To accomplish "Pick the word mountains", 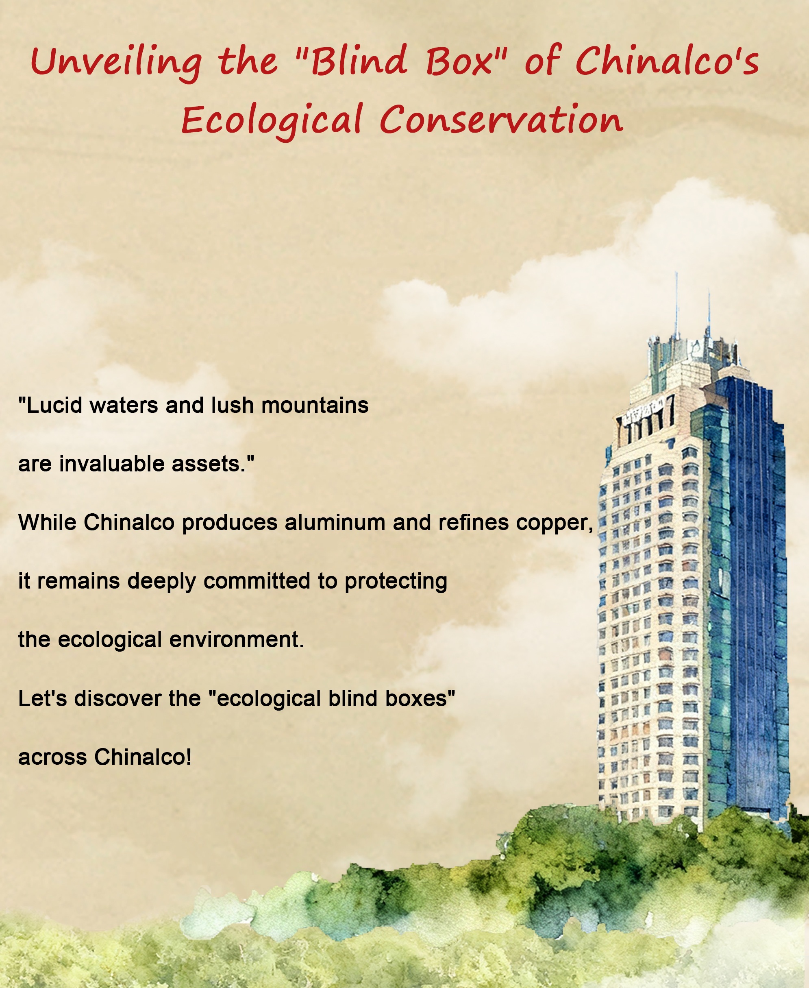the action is click(x=315, y=405).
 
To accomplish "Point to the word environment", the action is click(x=237, y=640).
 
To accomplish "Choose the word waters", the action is click(x=124, y=405).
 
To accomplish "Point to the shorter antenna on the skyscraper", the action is click(x=709, y=313).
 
